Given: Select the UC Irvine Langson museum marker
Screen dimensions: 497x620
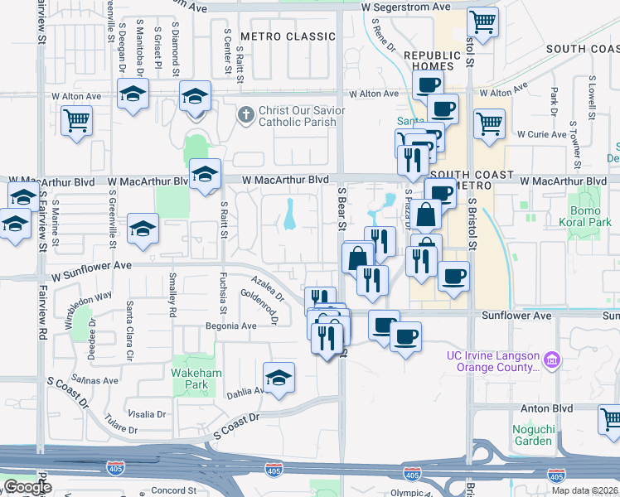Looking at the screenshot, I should point(552,359).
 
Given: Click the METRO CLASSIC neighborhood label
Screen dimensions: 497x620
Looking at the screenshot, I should point(276,36).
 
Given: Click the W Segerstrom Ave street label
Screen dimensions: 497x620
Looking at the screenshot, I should point(405,7).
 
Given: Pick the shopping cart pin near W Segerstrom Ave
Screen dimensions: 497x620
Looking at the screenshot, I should point(482,20).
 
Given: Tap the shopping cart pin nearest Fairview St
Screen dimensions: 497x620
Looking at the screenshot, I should point(76,120).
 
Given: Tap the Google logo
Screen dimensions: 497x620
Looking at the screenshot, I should point(27,487).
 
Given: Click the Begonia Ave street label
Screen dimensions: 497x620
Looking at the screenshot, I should point(231,326).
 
